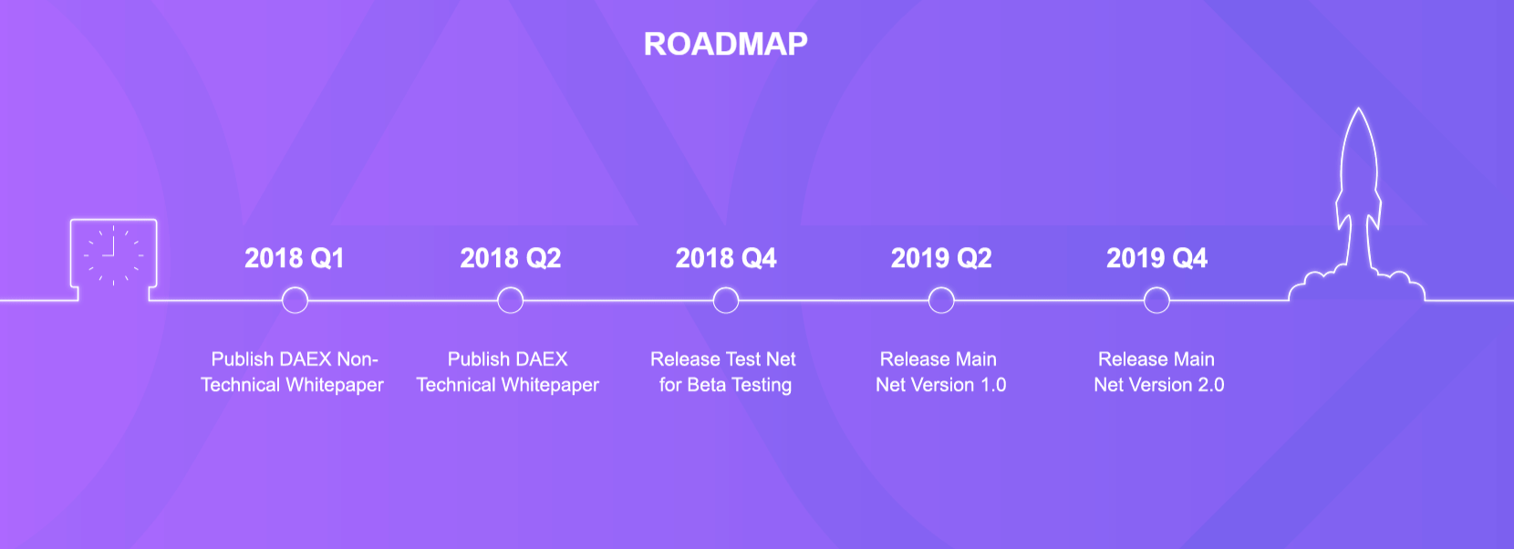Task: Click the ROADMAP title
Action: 725,44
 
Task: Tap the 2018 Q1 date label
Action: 294,258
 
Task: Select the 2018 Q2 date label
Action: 511,258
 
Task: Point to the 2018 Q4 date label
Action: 726,258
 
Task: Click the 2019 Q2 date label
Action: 941,258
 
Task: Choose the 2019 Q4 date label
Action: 1156,258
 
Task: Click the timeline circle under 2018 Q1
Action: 295,288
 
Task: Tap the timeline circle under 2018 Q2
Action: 511,288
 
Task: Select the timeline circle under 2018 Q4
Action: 726,288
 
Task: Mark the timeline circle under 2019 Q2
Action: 941,288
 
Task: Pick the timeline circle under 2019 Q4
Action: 1156,288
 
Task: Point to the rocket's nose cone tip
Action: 1359,109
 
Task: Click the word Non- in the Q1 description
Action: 358,359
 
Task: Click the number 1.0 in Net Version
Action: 993,385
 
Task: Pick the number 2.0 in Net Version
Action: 1210,385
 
